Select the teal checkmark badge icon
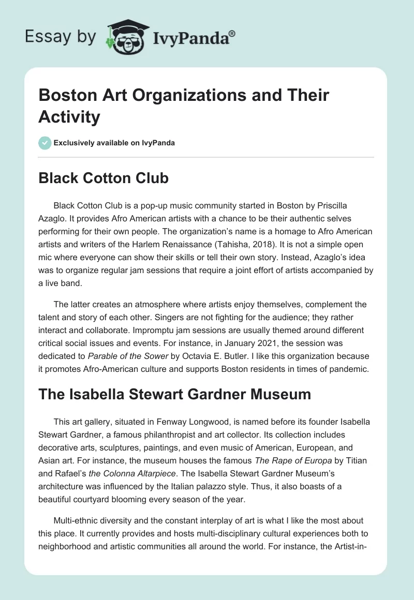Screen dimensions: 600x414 45,143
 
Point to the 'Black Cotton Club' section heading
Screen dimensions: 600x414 103,178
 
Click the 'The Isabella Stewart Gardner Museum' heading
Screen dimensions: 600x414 174,395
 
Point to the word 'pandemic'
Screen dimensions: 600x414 348,367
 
